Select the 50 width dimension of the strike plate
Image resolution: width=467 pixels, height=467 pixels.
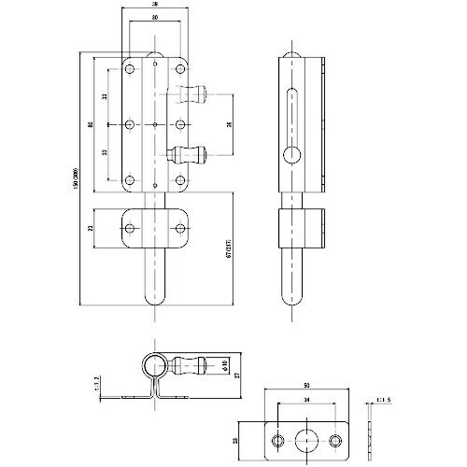click(x=307, y=385)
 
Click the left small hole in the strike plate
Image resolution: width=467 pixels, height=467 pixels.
click(x=278, y=440)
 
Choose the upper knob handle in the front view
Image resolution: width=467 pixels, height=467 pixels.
click(x=193, y=92)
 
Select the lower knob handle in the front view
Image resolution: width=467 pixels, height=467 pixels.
click(x=193, y=155)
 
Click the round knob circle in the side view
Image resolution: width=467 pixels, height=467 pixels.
click(x=292, y=154)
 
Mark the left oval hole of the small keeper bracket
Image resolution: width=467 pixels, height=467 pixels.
click(x=136, y=225)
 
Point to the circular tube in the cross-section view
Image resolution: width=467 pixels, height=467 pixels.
click(x=154, y=365)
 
